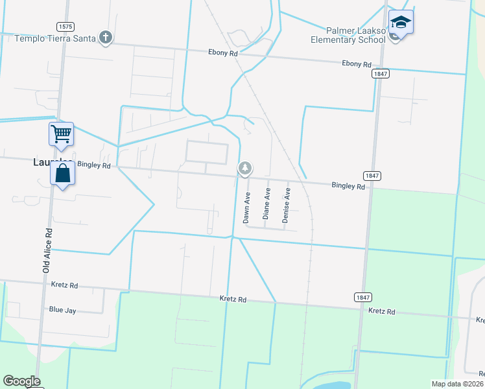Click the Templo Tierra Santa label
[x=55, y=38]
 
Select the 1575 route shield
[x=65, y=27]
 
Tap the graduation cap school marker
[x=401, y=23]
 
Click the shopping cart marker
[x=61, y=134]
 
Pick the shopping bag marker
[x=62, y=174]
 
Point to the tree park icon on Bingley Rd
[x=244, y=169]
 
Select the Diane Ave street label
[x=266, y=204]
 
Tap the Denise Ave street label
[x=285, y=205]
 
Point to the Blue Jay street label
[x=63, y=311]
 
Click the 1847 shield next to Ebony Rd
[x=381, y=75]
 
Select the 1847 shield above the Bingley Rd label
[x=372, y=176]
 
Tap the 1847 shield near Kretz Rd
[x=362, y=297]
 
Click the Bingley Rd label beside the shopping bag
[x=94, y=165]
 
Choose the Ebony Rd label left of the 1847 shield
[x=356, y=64]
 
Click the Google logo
[x=21, y=381]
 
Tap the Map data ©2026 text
[x=456, y=384]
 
